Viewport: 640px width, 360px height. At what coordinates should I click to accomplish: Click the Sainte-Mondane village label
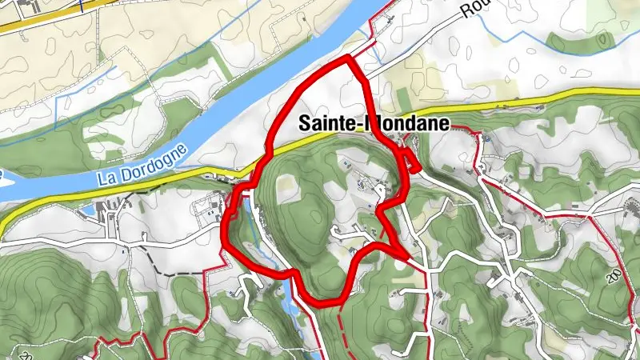(x=374, y=124)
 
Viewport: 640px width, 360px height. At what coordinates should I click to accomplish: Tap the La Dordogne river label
(x=142, y=166)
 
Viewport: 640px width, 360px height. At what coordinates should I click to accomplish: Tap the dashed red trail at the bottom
(x=343, y=328)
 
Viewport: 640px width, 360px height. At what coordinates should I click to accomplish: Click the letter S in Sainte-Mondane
(x=304, y=124)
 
